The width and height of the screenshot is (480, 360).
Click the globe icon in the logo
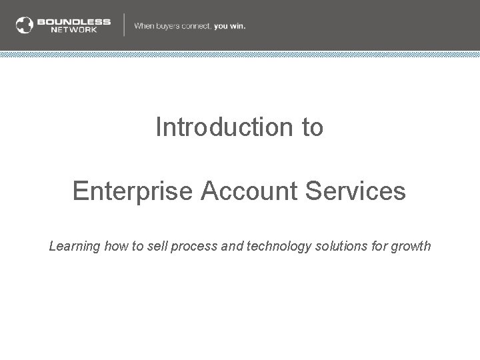(x=25, y=25)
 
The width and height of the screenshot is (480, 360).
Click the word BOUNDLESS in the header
(x=74, y=21)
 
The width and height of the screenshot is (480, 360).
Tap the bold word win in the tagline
(x=237, y=26)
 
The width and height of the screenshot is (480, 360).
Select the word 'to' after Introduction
(x=312, y=127)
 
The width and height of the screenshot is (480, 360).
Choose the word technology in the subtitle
(x=280, y=246)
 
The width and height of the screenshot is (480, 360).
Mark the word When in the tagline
(x=144, y=26)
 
